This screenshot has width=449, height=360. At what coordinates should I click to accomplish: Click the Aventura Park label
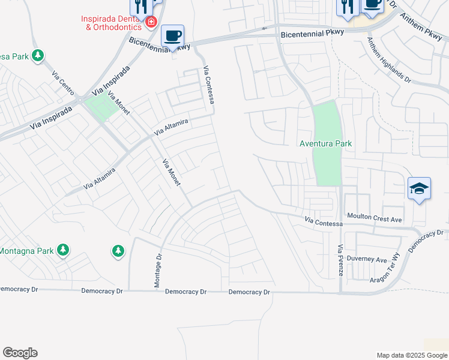coord(326,144)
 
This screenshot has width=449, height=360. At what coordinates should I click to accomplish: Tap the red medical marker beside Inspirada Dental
coord(151,22)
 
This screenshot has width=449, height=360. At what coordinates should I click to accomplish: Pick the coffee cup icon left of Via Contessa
coord(173,36)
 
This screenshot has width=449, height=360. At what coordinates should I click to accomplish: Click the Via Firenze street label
coord(340,260)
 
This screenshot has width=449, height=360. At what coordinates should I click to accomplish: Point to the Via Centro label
coord(62,83)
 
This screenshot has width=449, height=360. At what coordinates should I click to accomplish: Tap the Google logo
coord(20,353)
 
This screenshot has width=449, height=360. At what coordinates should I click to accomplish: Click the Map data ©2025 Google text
coord(412,355)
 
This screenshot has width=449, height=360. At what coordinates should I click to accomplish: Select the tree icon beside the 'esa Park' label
coord(38,56)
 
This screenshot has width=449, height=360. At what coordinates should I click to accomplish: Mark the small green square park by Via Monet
coord(100,107)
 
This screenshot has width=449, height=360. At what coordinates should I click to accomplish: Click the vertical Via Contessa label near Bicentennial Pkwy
coord(209,85)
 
